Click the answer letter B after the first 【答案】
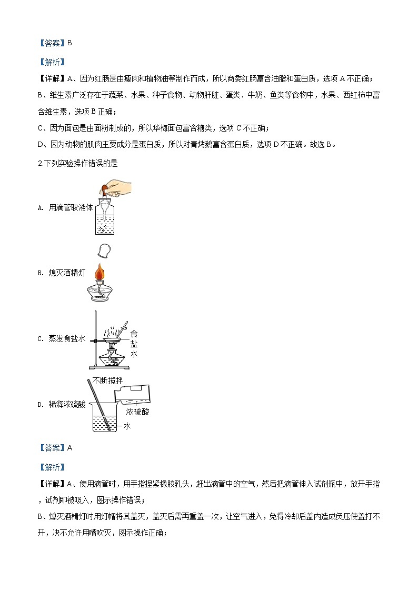coord(69,43)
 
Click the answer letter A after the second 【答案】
coord(69,448)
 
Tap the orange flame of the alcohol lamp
coord(99,272)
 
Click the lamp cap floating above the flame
coord(104,251)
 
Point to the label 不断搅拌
coord(108,380)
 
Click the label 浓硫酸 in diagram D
coord(137,412)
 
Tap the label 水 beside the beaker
coord(127,426)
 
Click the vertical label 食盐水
coord(134,344)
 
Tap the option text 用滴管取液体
coord(71,208)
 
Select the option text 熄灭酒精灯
coord(67,273)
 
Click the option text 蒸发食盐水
coord(67,339)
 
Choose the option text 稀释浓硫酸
coord(67,404)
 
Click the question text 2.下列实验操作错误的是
coord(78,163)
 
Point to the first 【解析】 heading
coord(53,62)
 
